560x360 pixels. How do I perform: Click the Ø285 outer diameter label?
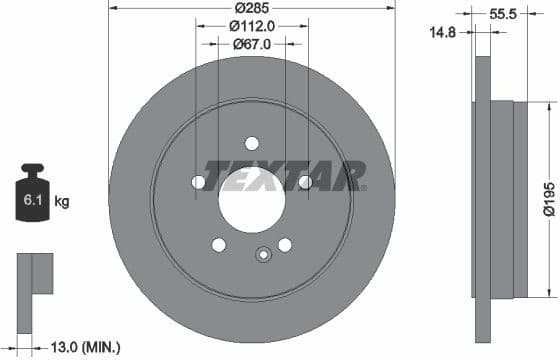251,9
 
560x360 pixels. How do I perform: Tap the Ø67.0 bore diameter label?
252,44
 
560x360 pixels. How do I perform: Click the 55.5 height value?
503,16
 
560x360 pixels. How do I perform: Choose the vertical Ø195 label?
549,197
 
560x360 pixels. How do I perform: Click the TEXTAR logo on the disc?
285,176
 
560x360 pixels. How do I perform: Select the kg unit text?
62,202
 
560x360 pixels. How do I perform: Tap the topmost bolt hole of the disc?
252,143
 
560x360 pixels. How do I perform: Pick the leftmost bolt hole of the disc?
198,182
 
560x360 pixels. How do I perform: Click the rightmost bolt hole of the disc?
305,182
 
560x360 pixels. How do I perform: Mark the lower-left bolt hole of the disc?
219,245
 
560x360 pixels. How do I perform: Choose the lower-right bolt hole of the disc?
285,245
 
